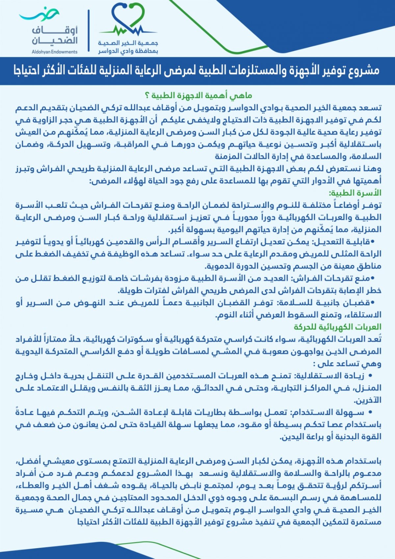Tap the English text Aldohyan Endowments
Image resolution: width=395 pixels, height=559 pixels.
pos(55,52)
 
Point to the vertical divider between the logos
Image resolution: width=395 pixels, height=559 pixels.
pos(89,30)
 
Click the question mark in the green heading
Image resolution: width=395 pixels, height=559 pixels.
pos(147,96)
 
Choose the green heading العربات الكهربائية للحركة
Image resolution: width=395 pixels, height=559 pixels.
pos(337,327)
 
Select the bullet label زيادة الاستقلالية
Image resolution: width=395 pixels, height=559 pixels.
pos(332,376)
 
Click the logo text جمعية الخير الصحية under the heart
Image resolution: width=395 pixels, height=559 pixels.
pos(128,43)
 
